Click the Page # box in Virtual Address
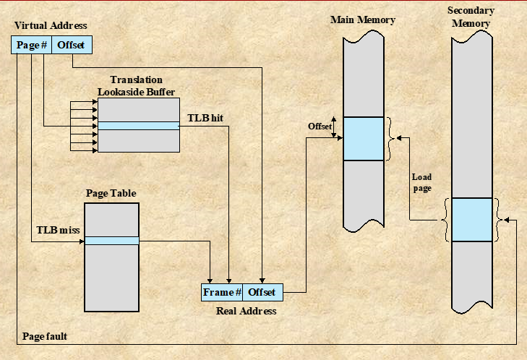[32, 45]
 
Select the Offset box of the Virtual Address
[71, 45]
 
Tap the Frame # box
[221, 292]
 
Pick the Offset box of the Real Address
[262, 292]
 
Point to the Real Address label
[246, 311]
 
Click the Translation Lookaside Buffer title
[137, 85]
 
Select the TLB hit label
[205, 117]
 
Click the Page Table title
[111, 194]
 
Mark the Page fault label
[45, 336]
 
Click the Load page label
[421, 182]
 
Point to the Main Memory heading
[362, 20]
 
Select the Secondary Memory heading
[471, 17]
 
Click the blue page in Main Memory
[363, 138]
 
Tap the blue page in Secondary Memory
[471, 219]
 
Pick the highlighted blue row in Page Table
[111, 241]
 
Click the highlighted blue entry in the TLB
[138, 126]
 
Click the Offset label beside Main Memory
[320, 126]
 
